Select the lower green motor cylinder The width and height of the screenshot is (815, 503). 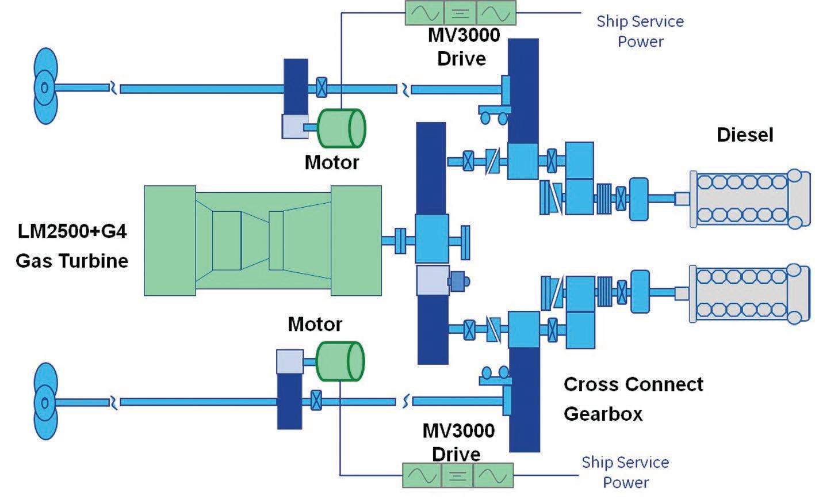tap(340, 361)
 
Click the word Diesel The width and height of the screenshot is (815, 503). tap(745, 135)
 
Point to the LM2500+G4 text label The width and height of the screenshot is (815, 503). tap(72, 231)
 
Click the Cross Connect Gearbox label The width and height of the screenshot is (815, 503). tap(633, 398)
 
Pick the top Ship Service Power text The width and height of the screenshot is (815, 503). tap(640, 31)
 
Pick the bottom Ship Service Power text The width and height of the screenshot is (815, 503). tap(625, 472)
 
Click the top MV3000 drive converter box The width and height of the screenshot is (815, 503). tap(460, 13)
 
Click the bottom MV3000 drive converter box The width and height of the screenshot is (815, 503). tap(457, 476)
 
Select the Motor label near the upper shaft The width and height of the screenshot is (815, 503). tap(331, 162)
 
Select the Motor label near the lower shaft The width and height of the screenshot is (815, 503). tap(315, 324)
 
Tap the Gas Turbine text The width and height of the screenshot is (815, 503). tap(72, 261)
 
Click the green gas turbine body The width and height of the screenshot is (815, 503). tap(262, 240)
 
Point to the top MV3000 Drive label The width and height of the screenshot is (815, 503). tap(463, 47)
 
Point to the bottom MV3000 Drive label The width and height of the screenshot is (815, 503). tap(458, 442)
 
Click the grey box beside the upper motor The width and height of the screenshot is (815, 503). tap(294, 126)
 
